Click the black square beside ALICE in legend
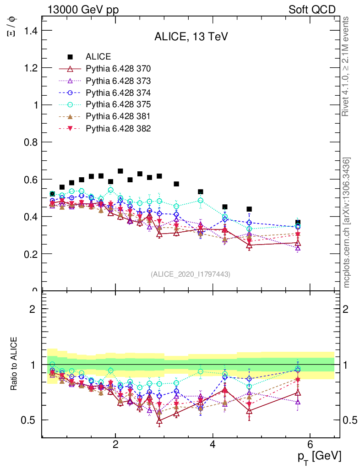70,57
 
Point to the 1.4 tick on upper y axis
30,31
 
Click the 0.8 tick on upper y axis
30,142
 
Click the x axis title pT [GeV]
319,456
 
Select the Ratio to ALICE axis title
14,365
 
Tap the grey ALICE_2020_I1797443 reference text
191,274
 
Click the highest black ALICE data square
120,171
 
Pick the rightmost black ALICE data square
298,223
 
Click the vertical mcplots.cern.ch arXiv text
347,223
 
